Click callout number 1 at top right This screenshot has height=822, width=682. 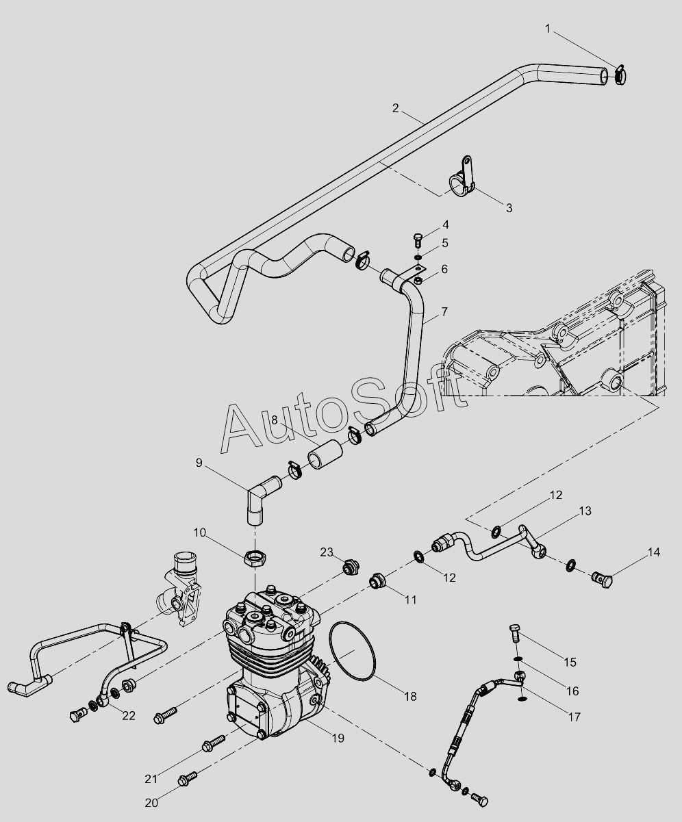[548, 28]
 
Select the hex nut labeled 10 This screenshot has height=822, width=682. [256, 559]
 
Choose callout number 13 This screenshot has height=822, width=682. [585, 511]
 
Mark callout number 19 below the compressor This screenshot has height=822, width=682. [338, 738]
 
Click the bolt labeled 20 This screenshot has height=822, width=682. [187, 778]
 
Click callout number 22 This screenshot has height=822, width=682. [129, 716]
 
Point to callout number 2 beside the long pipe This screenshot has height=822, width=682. [395, 107]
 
